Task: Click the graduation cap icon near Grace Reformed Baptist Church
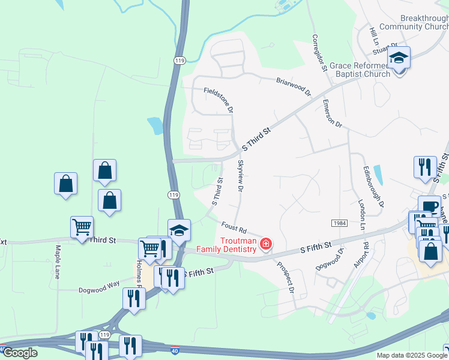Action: click(398, 59)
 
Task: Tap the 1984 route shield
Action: click(338, 223)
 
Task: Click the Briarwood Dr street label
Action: click(294, 86)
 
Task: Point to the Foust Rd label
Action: click(234, 227)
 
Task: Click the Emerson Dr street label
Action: click(331, 114)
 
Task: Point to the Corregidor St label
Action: click(319, 52)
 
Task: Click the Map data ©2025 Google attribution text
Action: click(412, 355)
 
